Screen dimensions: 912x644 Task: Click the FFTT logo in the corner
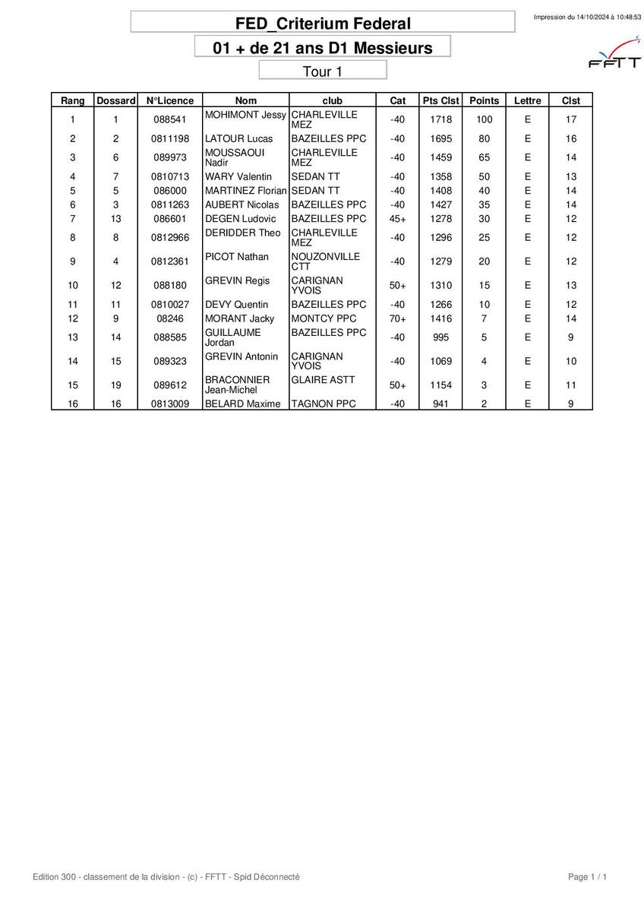click(x=614, y=54)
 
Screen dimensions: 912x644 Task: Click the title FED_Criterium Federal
click(x=323, y=24)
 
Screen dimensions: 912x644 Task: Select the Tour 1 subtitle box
click(x=323, y=71)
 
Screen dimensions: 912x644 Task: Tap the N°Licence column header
click(x=170, y=100)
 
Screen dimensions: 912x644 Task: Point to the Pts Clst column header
click(x=440, y=100)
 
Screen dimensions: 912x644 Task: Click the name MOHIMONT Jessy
click(x=245, y=115)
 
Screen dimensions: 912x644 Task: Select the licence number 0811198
click(x=170, y=139)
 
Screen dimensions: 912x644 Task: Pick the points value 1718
click(x=440, y=119)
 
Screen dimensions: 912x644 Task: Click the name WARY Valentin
click(x=238, y=177)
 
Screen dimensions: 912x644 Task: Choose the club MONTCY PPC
click(x=324, y=319)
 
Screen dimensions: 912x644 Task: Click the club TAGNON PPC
click(x=324, y=404)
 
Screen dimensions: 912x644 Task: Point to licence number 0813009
click(x=170, y=404)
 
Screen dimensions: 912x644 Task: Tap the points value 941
click(x=440, y=404)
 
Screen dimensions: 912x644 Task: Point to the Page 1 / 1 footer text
click(x=587, y=877)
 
